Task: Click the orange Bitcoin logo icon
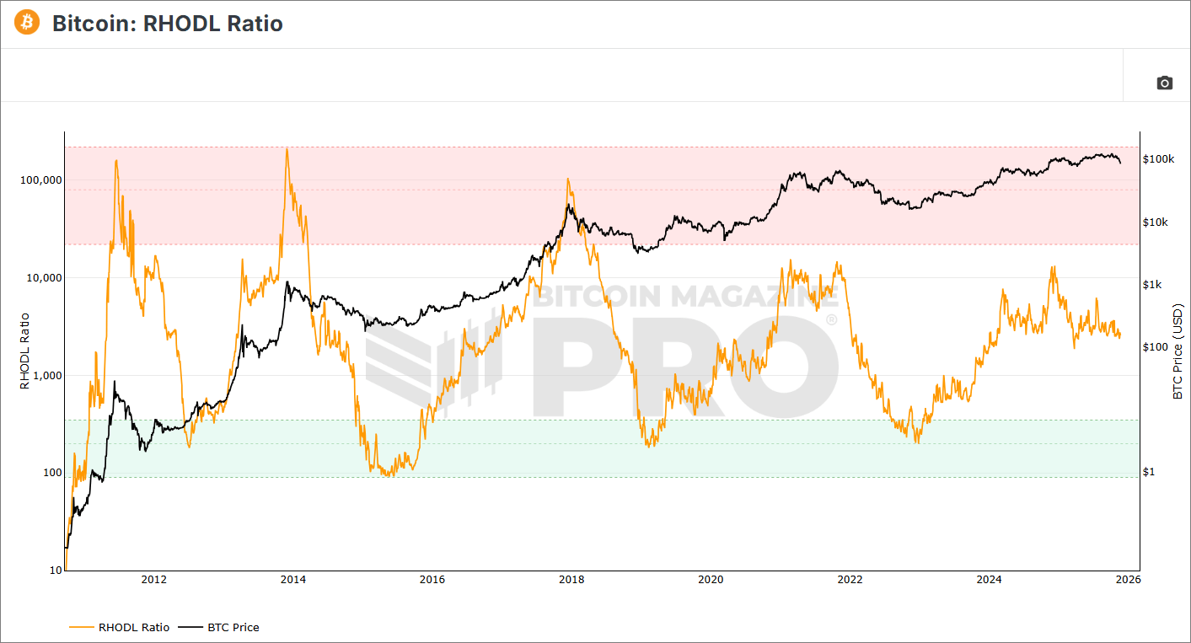(x=26, y=23)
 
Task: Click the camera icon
(x=1164, y=83)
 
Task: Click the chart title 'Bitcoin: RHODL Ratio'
(x=168, y=24)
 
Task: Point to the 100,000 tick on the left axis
(x=39, y=180)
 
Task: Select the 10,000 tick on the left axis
(x=41, y=278)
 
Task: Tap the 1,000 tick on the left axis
(x=44, y=376)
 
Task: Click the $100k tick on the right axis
(x=1159, y=158)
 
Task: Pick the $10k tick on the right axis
(x=1156, y=222)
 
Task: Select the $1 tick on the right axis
(x=1149, y=472)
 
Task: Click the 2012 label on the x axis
(x=153, y=579)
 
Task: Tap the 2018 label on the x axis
(x=571, y=579)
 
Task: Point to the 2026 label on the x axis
(x=1129, y=579)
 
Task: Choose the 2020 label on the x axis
(x=711, y=579)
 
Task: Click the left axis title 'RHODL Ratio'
(x=24, y=351)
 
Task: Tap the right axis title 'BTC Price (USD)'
(x=1178, y=351)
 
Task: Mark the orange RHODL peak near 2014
(x=287, y=149)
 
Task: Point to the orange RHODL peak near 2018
(x=568, y=179)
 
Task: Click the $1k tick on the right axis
(x=1154, y=285)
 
